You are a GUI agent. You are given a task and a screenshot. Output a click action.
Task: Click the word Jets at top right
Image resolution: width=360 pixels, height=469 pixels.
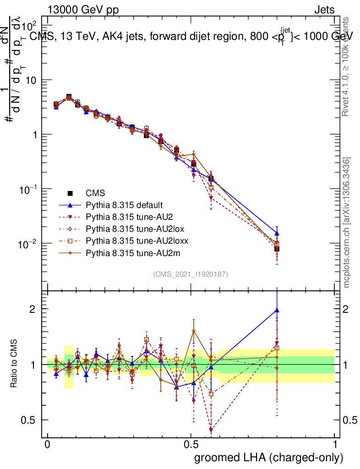[x=324, y=10]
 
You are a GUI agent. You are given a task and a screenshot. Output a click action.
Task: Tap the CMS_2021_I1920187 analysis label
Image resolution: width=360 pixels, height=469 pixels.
[x=190, y=274]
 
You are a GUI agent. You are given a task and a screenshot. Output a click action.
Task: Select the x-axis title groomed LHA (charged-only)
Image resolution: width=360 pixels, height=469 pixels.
[x=269, y=457]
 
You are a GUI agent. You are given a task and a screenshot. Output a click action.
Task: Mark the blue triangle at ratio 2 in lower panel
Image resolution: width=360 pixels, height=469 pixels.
[x=277, y=310]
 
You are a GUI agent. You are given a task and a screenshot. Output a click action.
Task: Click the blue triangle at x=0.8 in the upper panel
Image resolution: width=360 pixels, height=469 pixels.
[x=277, y=233]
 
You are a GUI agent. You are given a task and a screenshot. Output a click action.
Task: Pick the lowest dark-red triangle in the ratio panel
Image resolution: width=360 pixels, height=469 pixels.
[x=211, y=430]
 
